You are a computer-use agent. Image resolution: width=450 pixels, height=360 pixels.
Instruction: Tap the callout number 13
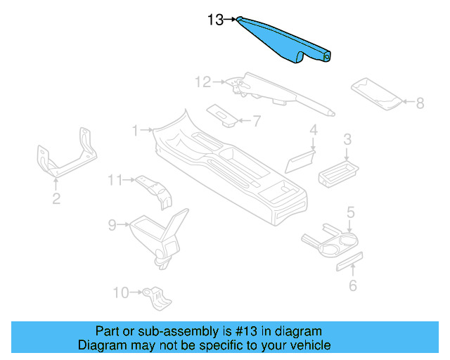(216, 20)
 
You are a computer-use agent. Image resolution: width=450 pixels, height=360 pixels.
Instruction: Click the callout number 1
(136, 130)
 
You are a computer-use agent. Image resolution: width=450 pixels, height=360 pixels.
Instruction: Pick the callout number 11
(115, 180)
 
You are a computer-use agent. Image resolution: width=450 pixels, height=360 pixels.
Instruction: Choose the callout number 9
(112, 225)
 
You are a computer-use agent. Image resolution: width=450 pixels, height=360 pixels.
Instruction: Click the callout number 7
(256, 121)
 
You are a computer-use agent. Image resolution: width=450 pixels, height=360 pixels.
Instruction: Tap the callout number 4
(314, 129)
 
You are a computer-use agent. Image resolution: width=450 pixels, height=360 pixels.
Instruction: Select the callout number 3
(347, 141)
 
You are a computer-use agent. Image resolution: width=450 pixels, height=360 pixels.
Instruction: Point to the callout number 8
(420, 103)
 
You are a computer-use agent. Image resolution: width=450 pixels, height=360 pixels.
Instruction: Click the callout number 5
(350, 212)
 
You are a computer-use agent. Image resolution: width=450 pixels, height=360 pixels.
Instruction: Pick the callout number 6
(353, 285)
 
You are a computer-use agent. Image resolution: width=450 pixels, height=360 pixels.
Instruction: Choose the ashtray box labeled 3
(339, 172)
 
